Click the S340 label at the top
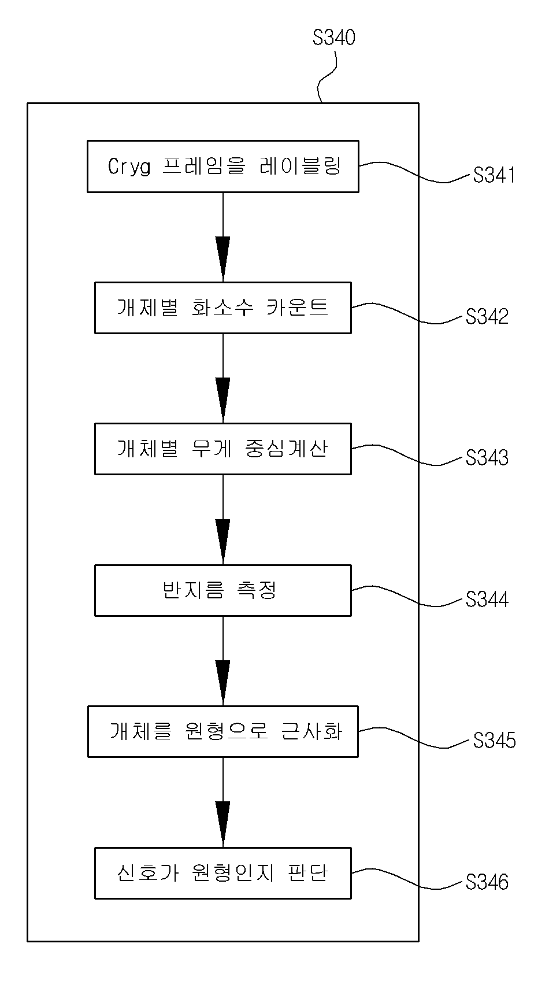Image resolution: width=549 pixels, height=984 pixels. coord(334,38)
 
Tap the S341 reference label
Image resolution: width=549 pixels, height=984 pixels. coord(494,175)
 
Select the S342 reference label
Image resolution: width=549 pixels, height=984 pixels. coord(487,317)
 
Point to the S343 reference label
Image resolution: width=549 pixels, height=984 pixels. coord(487,458)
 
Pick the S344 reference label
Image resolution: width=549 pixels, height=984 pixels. coord(487,599)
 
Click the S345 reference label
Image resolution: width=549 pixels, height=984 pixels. coord(494,741)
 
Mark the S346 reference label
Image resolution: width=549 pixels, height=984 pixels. coord(487,882)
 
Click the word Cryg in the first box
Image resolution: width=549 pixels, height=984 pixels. coord(129,167)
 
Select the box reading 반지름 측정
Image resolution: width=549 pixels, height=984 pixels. coord(222,590)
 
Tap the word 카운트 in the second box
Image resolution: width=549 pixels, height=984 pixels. coord(298,307)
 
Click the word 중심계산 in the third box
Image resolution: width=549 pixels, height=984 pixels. coord(287,449)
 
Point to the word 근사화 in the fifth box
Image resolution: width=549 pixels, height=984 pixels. coord(311,731)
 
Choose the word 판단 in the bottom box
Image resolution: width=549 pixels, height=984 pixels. coord(308,873)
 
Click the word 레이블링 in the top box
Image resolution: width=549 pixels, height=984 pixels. coord(301,166)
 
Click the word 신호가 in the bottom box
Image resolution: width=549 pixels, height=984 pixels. coord(147,873)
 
